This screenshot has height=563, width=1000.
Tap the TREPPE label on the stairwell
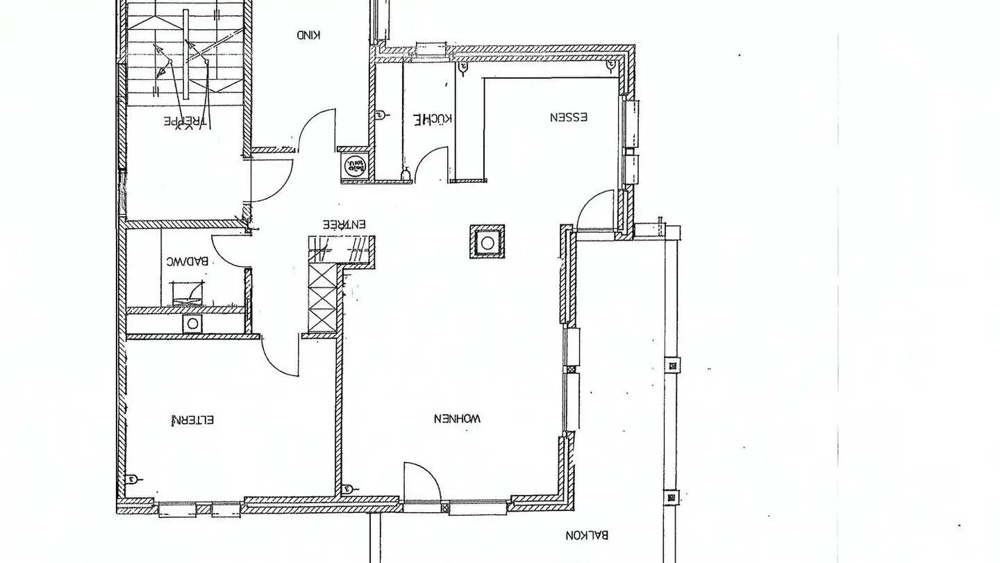(x=185, y=121)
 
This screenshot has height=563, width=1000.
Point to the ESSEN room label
(x=569, y=117)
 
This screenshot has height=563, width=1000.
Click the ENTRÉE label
(x=344, y=225)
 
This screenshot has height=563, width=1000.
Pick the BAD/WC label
(x=187, y=261)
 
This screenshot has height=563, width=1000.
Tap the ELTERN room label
(x=193, y=420)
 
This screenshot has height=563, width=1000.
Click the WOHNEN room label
(x=457, y=418)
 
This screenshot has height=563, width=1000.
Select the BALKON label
(x=587, y=535)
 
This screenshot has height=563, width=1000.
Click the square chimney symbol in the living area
(x=487, y=243)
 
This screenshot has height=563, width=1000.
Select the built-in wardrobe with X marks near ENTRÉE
(x=323, y=292)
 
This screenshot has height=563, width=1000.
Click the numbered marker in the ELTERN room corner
(x=132, y=480)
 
